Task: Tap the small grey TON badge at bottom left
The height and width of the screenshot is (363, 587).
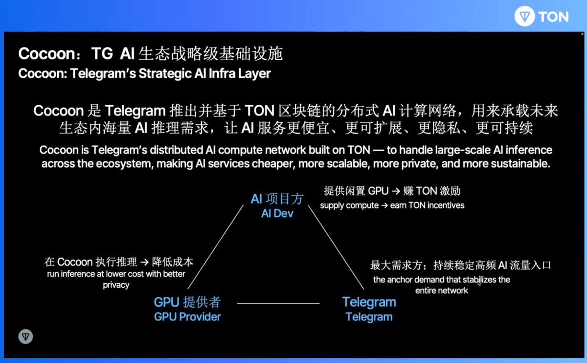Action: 25,337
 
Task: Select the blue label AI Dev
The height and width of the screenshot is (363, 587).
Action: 277,214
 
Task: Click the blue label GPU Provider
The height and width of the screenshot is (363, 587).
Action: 187,317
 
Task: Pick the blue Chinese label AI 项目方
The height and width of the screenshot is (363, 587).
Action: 277,199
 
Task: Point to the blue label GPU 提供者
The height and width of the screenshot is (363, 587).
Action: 187,302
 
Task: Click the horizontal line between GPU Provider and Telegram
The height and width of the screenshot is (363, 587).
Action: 278,303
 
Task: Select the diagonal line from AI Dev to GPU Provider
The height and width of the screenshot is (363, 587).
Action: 215,247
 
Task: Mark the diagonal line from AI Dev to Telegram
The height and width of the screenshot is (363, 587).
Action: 338,247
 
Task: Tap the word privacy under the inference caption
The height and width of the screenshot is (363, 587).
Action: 116,285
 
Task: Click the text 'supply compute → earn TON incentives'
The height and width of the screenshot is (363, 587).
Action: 392,205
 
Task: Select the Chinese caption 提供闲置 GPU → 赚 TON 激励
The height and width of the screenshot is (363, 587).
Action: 392,191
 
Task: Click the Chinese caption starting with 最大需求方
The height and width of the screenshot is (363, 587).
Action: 460,266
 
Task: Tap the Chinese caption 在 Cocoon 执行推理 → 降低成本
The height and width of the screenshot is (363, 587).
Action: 119,262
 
